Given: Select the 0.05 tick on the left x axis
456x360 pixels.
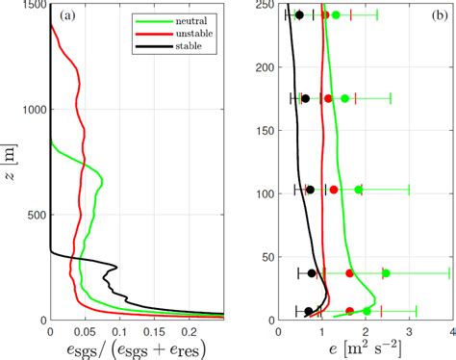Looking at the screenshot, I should [x=85, y=330].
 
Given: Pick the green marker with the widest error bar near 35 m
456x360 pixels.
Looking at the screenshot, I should [x=386, y=273].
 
